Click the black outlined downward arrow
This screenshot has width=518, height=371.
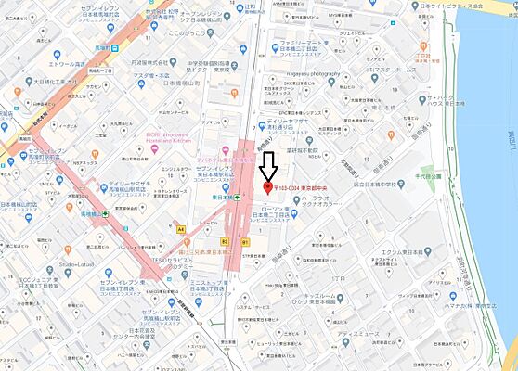coord(268,166)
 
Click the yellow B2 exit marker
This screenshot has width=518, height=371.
coord(225,240)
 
